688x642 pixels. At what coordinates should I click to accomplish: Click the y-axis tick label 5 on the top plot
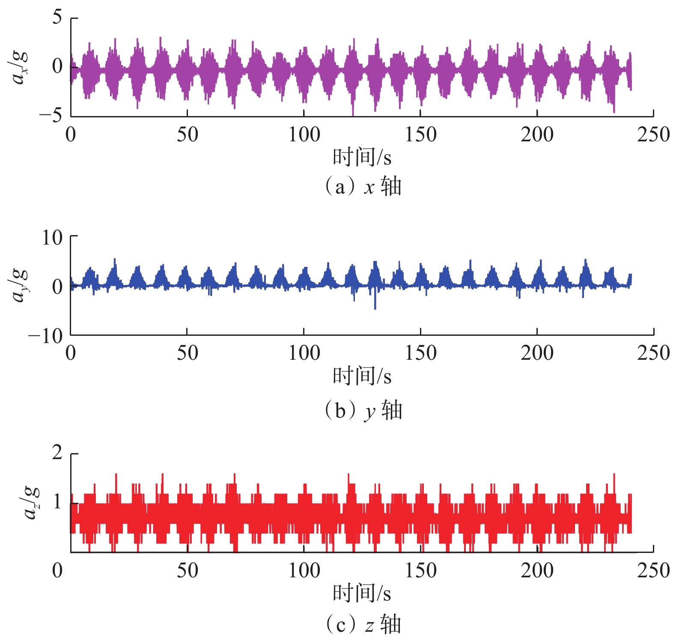click(x=57, y=18)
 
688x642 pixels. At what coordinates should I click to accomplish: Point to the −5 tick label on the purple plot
click(x=51, y=116)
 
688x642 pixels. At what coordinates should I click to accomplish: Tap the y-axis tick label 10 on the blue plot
click(x=52, y=237)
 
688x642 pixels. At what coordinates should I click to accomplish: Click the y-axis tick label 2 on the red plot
click(x=57, y=453)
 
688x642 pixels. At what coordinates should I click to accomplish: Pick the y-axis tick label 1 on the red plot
click(x=57, y=502)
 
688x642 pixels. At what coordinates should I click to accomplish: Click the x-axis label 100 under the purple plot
click(x=304, y=135)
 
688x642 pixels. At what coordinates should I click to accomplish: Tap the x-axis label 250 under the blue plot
click(x=653, y=353)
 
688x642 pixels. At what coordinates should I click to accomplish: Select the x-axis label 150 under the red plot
click(x=420, y=571)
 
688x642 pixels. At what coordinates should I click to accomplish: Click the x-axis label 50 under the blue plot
click(x=188, y=353)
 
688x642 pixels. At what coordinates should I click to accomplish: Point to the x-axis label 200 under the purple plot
click(x=537, y=135)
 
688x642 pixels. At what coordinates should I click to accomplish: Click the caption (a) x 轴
click(x=363, y=187)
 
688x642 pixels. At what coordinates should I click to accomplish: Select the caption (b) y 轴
click(x=363, y=410)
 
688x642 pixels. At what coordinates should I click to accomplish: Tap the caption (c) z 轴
click(x=363, y=624)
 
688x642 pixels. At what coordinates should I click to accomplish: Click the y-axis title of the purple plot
click(x=20, y=67)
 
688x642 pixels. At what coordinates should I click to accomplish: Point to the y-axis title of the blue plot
click(x=20, y=285)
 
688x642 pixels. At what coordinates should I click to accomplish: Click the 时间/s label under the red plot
click(x=362, y=593)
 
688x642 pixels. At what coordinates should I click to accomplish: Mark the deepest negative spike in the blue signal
click(x=375, y=308)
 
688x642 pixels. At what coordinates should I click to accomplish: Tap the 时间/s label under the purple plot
click(x=362, y=157)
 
